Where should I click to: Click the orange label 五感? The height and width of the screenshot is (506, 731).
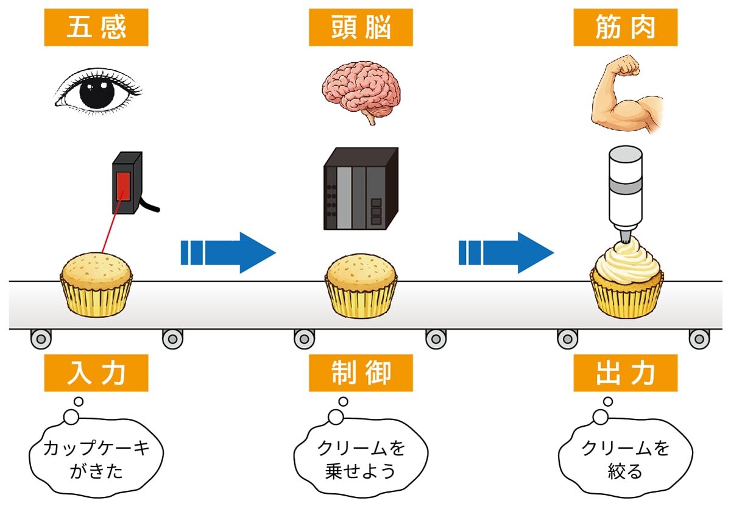point(96,28)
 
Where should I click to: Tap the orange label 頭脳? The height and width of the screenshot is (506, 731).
point(361,28)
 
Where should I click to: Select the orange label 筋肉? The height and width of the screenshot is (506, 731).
point(625,28)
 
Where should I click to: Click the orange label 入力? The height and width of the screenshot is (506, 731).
point(96,373)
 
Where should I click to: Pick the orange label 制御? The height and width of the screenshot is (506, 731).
point(361,373)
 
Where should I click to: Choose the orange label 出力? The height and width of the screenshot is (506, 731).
point(625,373)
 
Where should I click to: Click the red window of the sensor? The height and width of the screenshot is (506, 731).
point(124,186)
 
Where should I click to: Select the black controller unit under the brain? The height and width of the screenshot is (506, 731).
point(361,189)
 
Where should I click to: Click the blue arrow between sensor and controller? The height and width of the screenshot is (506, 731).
point(228,252)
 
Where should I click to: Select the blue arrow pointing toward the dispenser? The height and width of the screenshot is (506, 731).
point(506,252)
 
